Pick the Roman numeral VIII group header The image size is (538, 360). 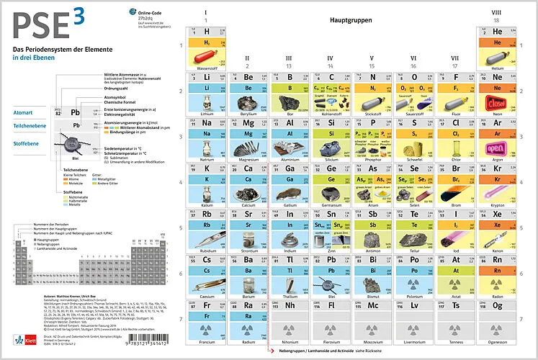click(496, 13)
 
